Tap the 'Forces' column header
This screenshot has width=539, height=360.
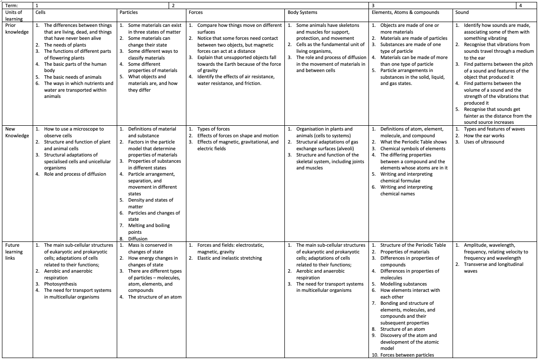click(x=196, y=12)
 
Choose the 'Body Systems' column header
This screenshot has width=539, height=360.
click(x=303, y=12)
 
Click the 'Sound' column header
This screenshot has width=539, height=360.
click(x=462, y=12)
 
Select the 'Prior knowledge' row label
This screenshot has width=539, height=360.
click(x=17, y=28)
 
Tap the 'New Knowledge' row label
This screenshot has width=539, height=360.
click(x=17, y=132)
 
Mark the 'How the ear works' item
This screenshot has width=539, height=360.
click(x=484, y=135)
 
